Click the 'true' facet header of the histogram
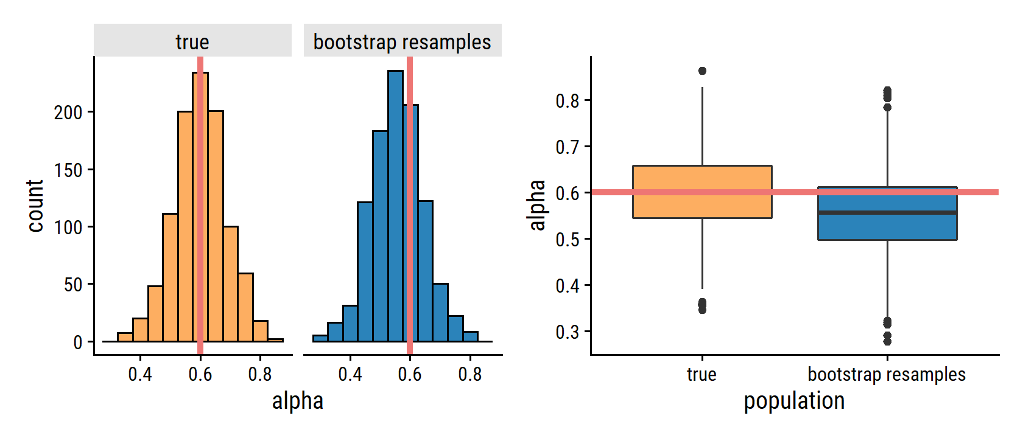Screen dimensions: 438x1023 point(192,41)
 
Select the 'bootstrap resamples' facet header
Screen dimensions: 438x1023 point(402,41)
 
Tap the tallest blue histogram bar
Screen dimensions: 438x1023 point(395,207)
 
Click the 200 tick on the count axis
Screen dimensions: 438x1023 point(68,113)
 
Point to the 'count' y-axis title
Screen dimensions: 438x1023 point(35,206)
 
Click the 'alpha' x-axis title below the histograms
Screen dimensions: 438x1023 point(297,401)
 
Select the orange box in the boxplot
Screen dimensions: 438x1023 point(702,176)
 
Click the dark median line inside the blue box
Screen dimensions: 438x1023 point(887,212)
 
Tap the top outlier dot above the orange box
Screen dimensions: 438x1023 point(702,71)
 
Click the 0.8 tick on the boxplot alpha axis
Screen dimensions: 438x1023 point(568,100)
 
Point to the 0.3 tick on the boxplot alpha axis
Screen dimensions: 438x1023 point(568,332)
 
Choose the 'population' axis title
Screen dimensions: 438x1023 point(794,401)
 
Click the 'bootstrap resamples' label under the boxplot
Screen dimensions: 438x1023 point(887,374)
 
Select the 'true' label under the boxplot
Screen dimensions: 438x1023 point(701,374)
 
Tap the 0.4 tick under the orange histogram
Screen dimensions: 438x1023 point(140,374)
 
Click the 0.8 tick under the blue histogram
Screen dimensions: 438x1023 point(469,374)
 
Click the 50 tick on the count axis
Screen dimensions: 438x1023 point(73,285)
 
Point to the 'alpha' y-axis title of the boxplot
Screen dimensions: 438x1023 point(537,205)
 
